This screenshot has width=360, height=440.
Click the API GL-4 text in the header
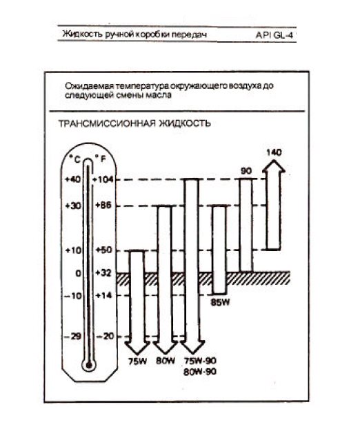274,35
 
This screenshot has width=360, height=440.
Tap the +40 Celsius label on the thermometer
72,179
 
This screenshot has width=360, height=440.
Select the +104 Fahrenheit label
103,179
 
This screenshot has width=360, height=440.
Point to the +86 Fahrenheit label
103,206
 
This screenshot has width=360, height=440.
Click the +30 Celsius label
73,206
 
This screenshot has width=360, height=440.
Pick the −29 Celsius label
72,336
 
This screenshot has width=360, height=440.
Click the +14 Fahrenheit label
104,295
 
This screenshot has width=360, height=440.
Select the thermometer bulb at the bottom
89,366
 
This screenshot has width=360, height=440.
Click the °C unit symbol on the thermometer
75,159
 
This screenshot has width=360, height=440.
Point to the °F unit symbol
100,159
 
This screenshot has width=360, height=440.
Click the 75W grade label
137,361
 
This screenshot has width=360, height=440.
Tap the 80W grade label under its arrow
166,361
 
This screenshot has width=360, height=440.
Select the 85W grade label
220,303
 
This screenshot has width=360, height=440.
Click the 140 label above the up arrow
274,152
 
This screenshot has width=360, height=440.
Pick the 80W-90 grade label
200,372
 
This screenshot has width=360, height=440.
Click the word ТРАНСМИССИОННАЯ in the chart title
107,123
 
